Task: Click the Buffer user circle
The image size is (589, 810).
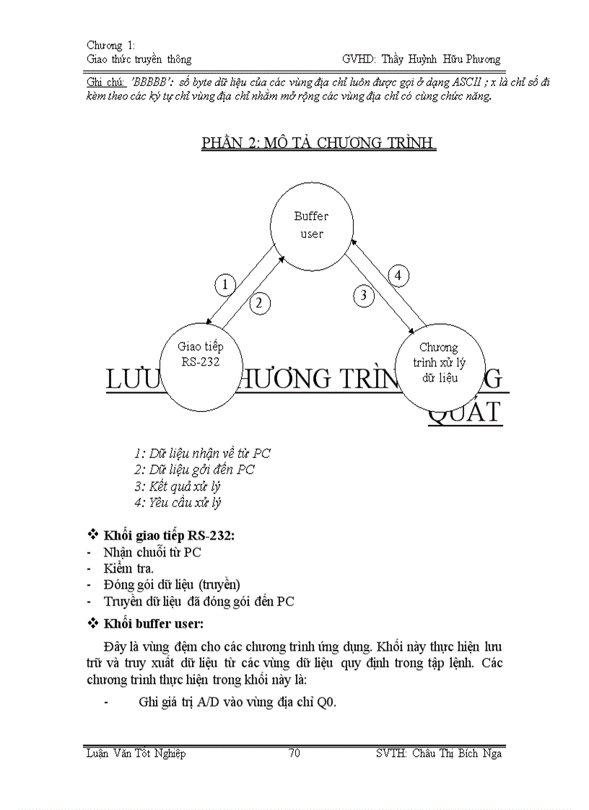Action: pyautogui.click(x=311, y=224)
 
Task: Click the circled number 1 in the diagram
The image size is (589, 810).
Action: pyautogui.click(x=225, y=285)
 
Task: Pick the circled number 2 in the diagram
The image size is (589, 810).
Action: pyautogui.click(x=260, y=303)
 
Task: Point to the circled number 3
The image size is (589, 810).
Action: pyautogui.click(x=364, y=294)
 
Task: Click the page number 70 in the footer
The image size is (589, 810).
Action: pyautogui.click(x=294, y=753)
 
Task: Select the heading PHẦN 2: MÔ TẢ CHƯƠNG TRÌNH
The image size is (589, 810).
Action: pyautogui.click(x=318, y=143)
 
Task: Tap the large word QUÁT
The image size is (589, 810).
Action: pyautogui.click(x=465, y=411)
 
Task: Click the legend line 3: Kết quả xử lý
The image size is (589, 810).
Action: pyautogui.click(x=178, y=487)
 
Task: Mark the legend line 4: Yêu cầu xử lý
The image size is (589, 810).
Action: pyautogui.click(x=178, y=503)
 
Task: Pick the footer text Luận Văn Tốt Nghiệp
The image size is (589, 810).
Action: pyautogui.click(x=136, y=753)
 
